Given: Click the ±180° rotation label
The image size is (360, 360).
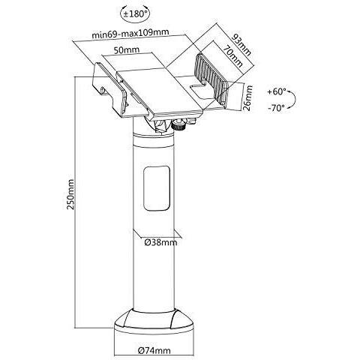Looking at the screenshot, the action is tap(135, 13).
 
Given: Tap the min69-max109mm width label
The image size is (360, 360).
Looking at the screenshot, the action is tap(130, 33).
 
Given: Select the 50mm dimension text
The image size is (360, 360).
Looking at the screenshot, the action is tap(127, 49).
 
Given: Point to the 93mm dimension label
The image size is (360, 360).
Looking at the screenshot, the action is tap(241, 44).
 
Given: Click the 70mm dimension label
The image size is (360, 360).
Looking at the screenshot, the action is tap(233, 56).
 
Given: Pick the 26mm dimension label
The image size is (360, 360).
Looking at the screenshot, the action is tap(247, 98).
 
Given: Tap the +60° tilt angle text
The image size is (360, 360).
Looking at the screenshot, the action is tap(277, 91).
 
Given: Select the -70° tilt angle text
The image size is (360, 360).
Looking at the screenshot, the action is tap(276, 108).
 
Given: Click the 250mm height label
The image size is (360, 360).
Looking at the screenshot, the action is tap(70, 194).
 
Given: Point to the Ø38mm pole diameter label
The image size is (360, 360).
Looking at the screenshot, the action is tap(161, 242).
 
